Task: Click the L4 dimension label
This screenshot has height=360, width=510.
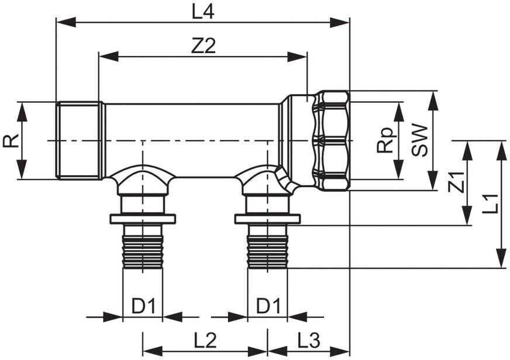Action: coord(202,13)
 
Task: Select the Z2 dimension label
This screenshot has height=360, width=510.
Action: coord(204,46)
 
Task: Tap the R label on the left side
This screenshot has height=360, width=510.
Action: coord(11,140)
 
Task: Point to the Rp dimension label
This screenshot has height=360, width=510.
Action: coord(387,140)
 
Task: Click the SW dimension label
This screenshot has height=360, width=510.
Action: coord(419,140)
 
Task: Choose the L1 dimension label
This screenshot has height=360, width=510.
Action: coord(490,204)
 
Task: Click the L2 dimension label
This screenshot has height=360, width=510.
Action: coord(205,341)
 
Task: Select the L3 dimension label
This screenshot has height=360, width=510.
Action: coord(309,341)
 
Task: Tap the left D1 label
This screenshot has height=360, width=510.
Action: coord(144,306)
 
